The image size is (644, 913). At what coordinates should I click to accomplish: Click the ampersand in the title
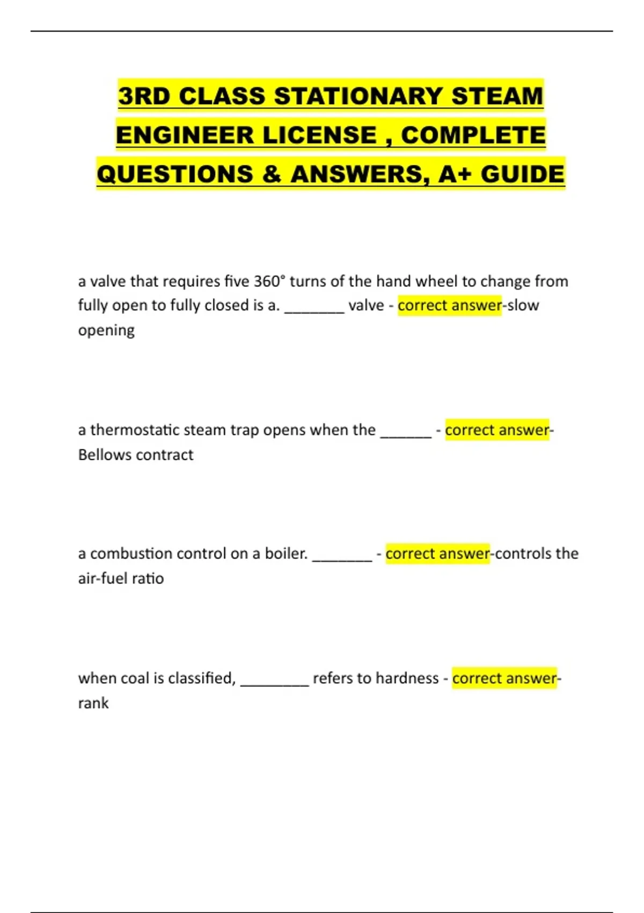[x=272, y=174]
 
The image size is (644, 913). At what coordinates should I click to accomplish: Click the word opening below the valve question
[x=106, y=330]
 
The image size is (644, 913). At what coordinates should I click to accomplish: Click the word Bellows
[x=103, y=455]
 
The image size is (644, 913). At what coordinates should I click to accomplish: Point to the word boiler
[x=286, y=554]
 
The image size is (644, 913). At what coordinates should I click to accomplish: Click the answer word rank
[x=93, y=703]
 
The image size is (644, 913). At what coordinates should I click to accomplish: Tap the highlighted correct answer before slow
[x=450, y=306]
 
